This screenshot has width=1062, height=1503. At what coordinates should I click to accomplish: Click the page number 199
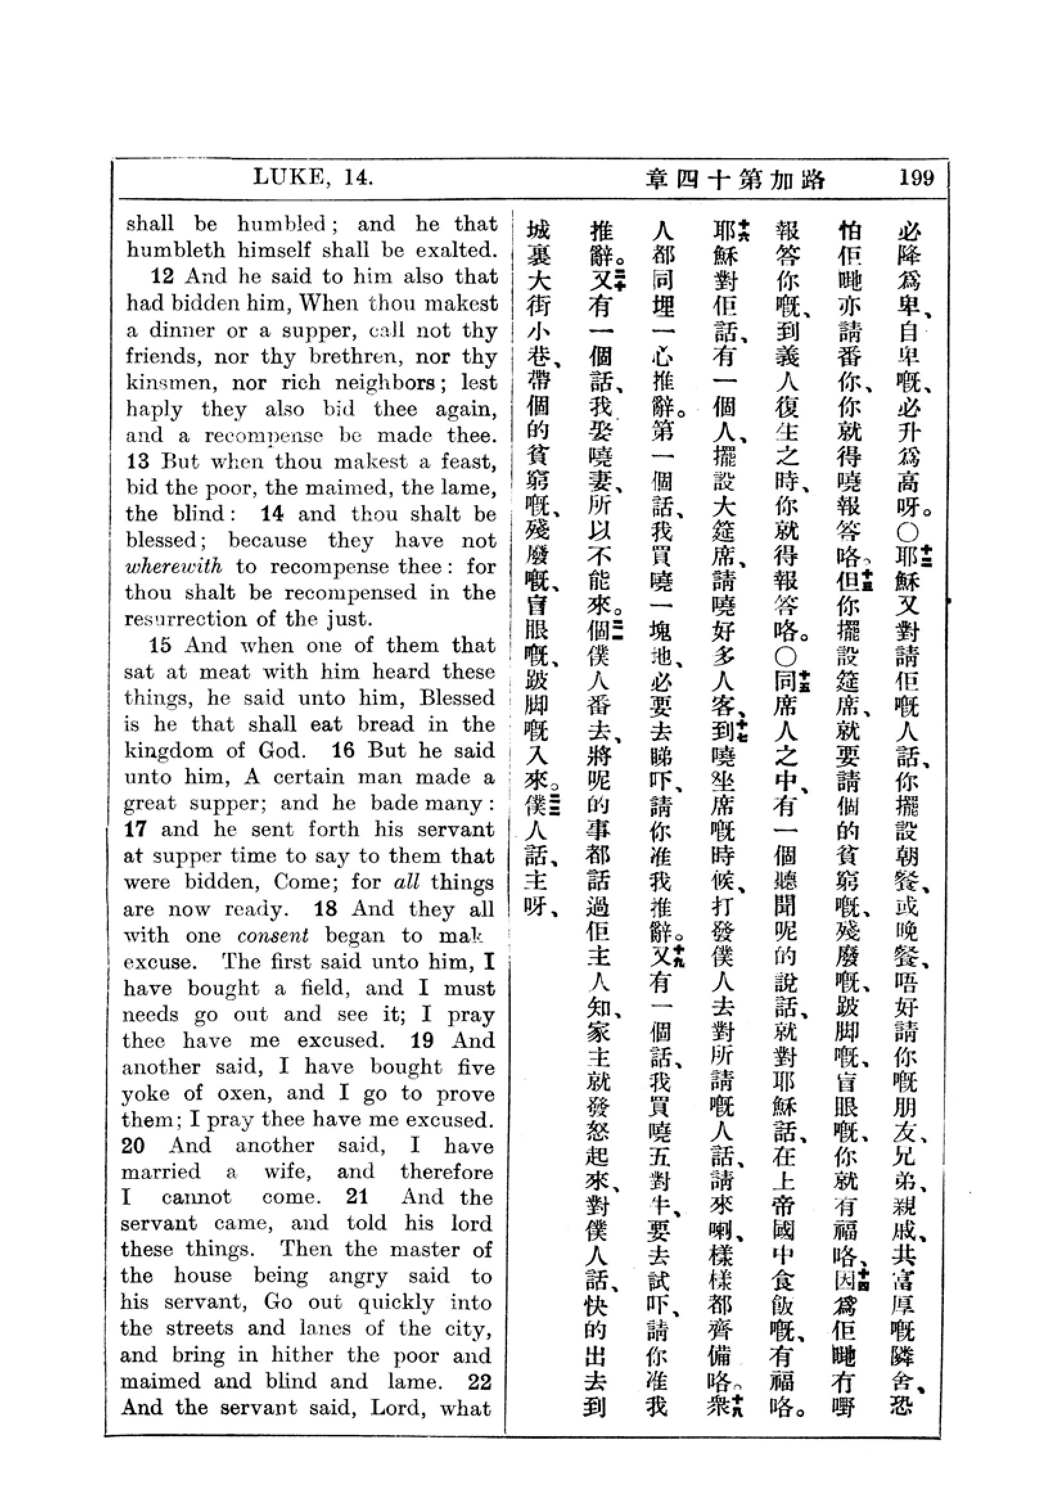(916, 177)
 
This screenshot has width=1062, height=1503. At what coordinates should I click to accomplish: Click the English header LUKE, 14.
(314, 177)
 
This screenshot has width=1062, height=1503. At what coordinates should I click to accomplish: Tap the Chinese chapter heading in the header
(736, 179)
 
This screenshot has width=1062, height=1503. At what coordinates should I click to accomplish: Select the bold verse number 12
(163, 276)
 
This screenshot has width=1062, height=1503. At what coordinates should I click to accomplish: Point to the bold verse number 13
(137, 461)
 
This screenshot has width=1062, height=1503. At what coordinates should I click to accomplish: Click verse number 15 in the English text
(161, 645)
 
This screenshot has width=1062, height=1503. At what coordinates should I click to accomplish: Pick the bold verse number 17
(136, 830)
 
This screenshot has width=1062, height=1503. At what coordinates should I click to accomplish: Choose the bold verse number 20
(133, 1146)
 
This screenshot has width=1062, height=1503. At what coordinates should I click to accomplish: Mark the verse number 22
(479, 1382)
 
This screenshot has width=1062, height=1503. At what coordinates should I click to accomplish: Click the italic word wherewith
(173, 566)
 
